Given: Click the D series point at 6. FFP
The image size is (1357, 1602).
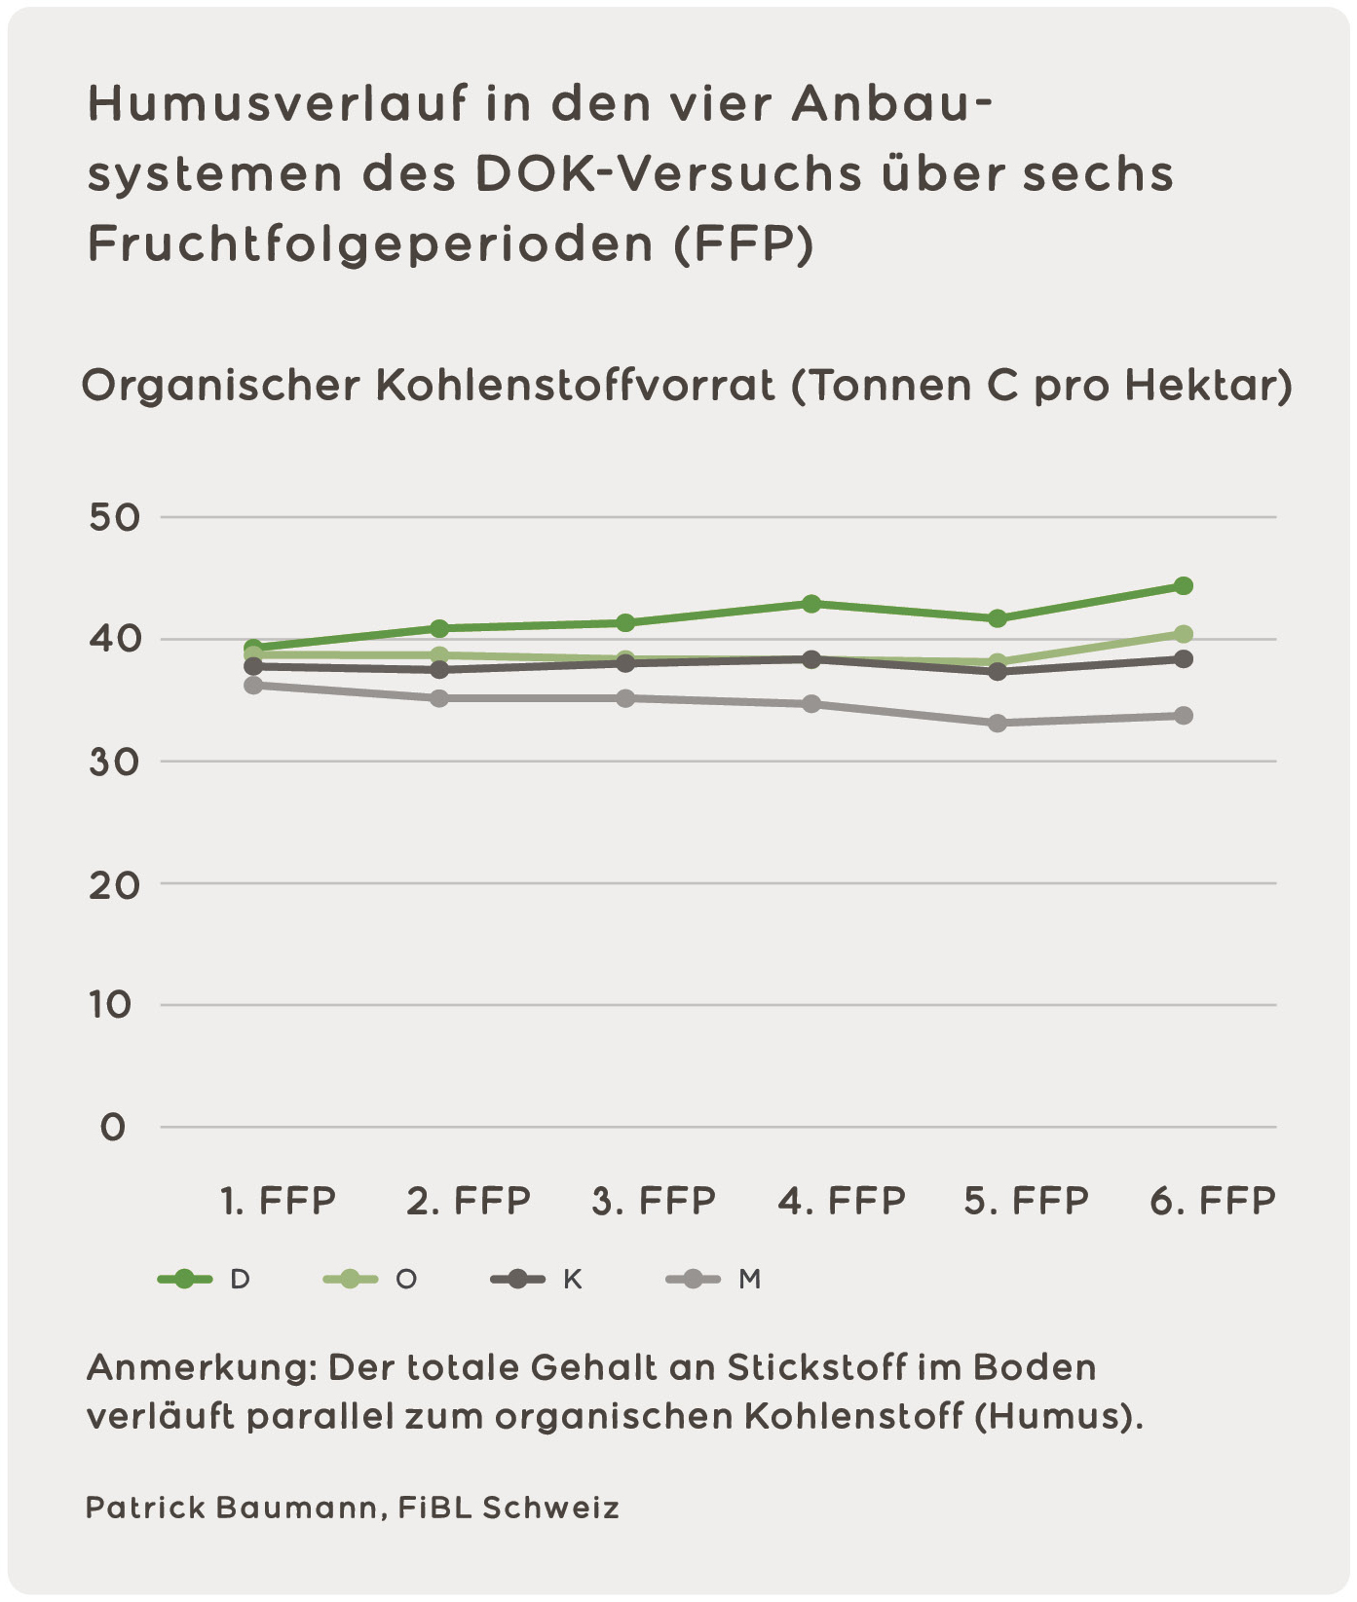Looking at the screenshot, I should tap(1183, 585).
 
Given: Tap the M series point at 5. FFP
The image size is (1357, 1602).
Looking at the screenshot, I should tap(997, 723).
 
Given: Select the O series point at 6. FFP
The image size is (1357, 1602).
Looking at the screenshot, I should tap(1183, 634).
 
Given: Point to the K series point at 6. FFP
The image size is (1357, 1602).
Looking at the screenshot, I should tap(1183, 659).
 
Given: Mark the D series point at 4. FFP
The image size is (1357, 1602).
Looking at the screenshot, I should tap(810, 604).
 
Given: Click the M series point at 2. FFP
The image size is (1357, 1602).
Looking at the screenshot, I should tap(439, 698).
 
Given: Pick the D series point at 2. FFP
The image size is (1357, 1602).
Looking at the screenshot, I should tap(439, 628).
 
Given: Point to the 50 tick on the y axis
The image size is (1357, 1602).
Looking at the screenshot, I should tap(115, 517).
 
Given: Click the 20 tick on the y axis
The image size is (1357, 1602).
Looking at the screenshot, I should tap(115, 883).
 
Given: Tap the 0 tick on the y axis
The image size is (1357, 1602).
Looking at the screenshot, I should tap(113, 1128).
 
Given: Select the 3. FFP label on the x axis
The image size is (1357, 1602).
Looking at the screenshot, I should tap(654, 1201).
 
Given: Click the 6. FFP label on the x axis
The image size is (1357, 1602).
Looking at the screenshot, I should tap(1212, 1201).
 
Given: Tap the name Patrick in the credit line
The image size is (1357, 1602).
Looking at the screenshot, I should tap(144, 1508).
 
